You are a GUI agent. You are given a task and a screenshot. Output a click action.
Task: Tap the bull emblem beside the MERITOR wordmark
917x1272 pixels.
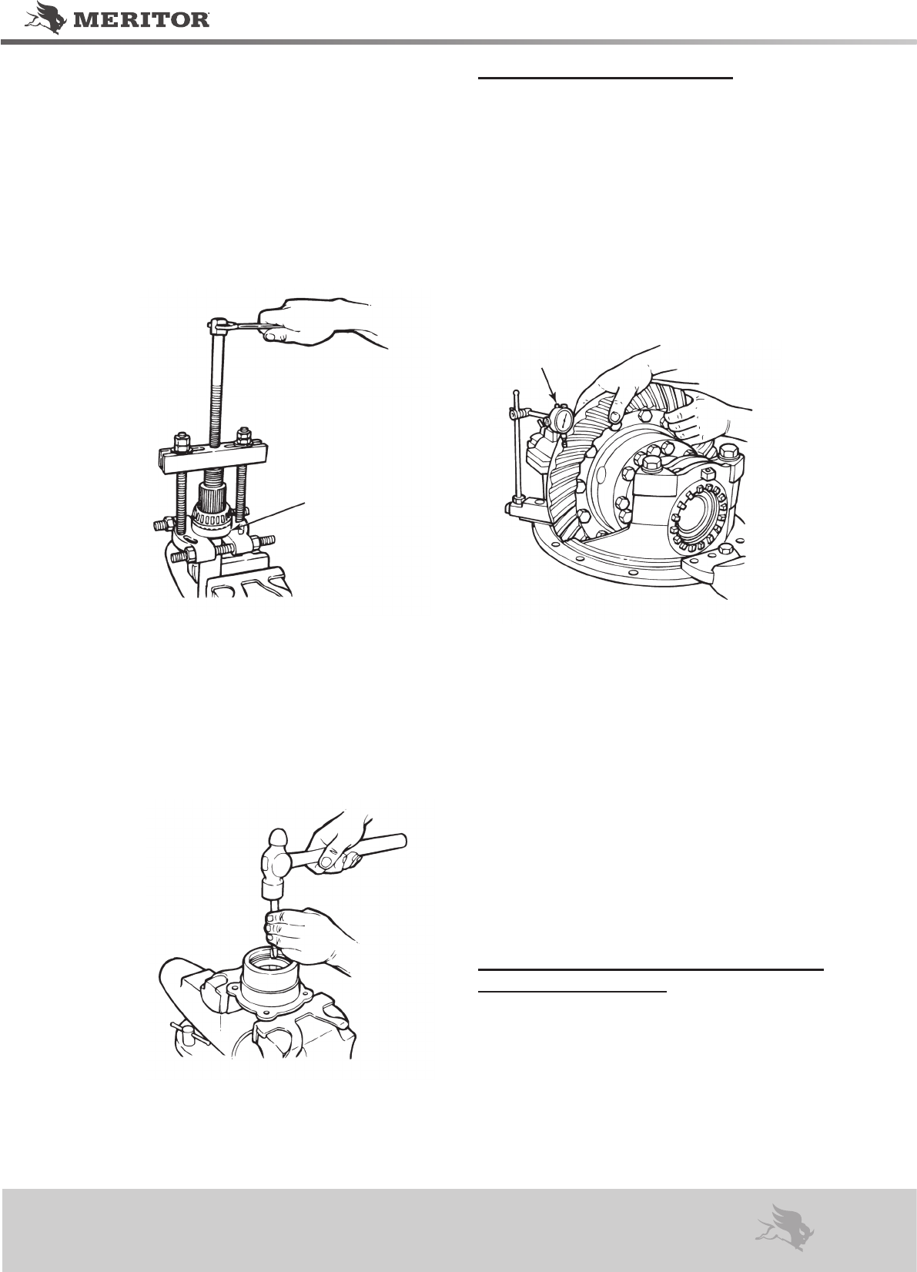[x=45, y=18]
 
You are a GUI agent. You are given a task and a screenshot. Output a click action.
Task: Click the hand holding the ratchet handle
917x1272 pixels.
[x=318, y=323]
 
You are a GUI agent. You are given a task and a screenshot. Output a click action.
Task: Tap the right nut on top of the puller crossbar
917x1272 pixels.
[x=245, y=435]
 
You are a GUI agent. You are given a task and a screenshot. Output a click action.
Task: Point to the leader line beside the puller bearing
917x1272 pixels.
[x=272, y=517]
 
